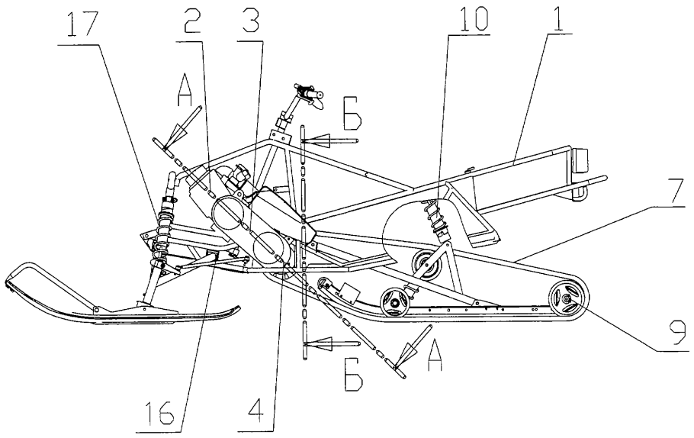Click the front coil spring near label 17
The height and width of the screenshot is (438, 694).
click(x=164, y=225)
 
